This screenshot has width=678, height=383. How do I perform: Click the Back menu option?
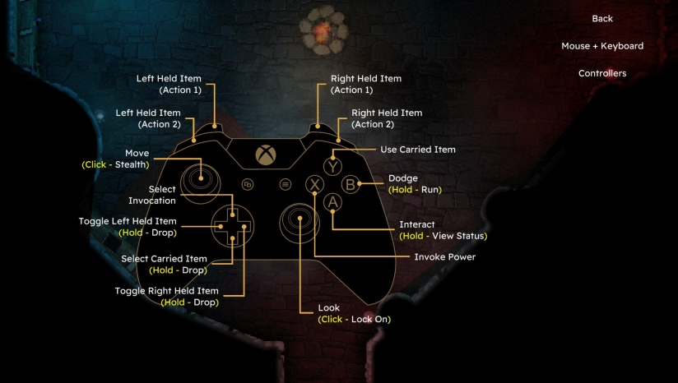point(602,19)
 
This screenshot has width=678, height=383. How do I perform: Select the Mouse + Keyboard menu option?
point(602,46)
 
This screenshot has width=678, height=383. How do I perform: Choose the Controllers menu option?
point(602,73)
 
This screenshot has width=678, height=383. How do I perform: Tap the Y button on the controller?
point(333,167)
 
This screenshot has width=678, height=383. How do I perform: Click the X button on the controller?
point(315,184)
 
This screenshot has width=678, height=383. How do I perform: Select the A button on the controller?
point(332,202)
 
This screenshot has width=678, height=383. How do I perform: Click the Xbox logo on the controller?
point(266,155)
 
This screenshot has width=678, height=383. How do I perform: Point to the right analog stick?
point(300,223)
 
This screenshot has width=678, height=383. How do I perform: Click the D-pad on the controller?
point(232,226)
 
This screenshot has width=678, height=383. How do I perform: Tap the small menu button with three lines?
point(285,184)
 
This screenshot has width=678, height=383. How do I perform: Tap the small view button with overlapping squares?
point(248,184)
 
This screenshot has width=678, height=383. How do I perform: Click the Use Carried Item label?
point(418,150)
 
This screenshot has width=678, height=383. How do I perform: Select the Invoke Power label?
point(445,257)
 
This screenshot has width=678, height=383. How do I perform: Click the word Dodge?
point(403,178)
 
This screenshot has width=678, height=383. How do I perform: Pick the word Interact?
point(417,224)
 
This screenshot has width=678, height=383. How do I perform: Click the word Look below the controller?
point(328,308)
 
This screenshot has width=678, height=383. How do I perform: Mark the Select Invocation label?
point(151,195)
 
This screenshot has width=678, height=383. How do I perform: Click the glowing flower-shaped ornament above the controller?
point(323,30)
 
